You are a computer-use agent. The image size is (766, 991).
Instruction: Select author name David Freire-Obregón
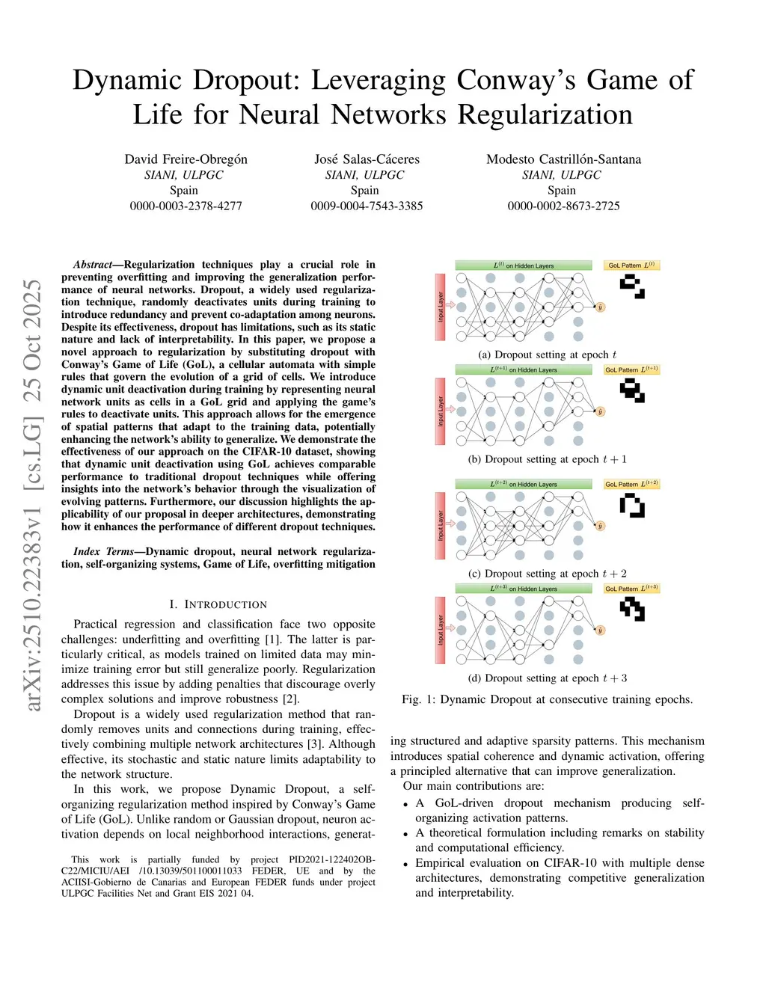click(186, 159)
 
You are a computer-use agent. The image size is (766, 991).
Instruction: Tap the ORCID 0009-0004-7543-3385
click(367, 206)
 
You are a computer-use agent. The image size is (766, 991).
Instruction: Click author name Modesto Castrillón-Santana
click(563, 159)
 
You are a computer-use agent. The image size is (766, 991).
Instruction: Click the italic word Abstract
click(92, 265)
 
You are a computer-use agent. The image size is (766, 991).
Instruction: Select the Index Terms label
click(103, 552)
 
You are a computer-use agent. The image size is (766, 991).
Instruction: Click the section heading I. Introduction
click(218, 604)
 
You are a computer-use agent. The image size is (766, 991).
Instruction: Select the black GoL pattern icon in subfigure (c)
click(632, 506)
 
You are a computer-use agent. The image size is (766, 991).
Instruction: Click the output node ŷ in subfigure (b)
click(600, 412)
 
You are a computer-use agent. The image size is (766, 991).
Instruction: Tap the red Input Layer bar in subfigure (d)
click(441, 630)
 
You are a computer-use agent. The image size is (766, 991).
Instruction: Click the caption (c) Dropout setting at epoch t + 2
click(548, 574)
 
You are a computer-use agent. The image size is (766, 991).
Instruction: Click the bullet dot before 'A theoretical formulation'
click(405, 834)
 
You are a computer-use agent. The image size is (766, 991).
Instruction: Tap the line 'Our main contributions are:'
click(474, 786)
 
